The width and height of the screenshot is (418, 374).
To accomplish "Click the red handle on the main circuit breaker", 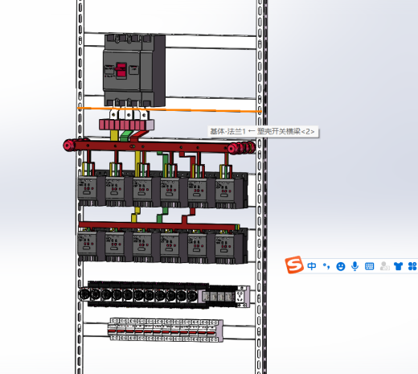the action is (121, 71).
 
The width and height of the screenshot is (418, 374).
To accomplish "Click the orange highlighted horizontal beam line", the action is (170, 109).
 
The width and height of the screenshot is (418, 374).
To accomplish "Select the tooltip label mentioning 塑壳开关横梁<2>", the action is (263, 132).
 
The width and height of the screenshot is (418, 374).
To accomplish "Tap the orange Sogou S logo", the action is (294, 265).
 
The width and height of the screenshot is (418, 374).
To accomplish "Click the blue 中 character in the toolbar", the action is (312, 266).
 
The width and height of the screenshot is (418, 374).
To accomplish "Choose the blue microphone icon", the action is (355, 266).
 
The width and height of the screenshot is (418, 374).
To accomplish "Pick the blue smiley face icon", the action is (341, 266).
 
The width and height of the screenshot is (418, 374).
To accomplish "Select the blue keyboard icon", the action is (370, 266).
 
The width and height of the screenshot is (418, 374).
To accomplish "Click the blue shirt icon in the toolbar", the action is (399, 266).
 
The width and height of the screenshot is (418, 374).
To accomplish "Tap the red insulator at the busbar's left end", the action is (69, 146).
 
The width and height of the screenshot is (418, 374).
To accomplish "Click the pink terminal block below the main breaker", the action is (126, 125).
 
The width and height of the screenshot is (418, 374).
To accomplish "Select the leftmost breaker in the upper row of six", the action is (88, 191).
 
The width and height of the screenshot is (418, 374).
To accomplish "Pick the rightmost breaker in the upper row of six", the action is (226, 192).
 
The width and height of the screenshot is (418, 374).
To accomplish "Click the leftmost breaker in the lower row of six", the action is (88, 246).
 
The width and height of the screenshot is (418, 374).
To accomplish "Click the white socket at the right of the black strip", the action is (240, 296).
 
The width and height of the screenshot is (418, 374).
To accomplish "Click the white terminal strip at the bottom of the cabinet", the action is (166, 330).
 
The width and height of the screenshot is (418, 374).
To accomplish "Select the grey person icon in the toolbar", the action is (384, 266).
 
